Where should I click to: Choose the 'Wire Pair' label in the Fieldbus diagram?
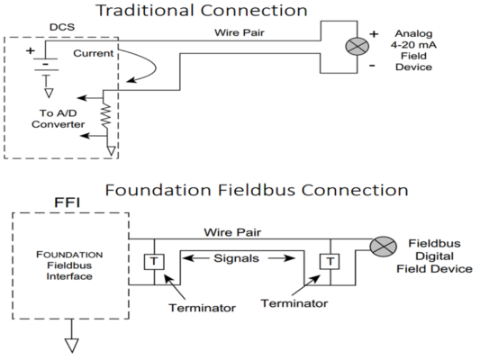tap(225, 230)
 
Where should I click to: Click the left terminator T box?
tap(152, 262)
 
